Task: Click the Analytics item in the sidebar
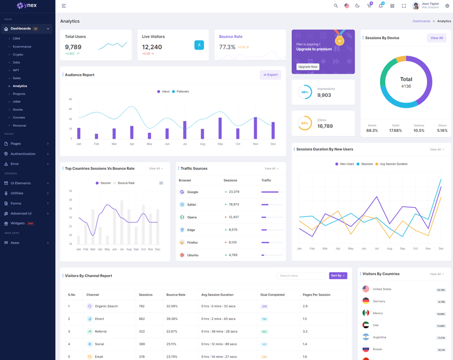point(20,86)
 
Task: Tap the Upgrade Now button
point(307,67)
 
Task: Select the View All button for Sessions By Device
point(437,38)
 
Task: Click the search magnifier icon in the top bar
point(336,6)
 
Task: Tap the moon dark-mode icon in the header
point(357,6)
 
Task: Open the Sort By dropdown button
point(338,276)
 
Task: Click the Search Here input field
point(301,276)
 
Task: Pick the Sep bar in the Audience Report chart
point(220,128)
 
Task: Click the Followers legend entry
point(181,91)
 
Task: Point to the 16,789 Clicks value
point(325,126)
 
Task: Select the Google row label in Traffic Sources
point(193,192)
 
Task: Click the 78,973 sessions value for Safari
point(233,204)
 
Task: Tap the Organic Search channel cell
point(106,306)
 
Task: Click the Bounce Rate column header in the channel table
point(176,295)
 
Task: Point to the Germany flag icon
point(366,301)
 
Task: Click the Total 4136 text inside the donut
point(406,83)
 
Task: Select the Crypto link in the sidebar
point(18,54)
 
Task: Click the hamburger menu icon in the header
point(64,6)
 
